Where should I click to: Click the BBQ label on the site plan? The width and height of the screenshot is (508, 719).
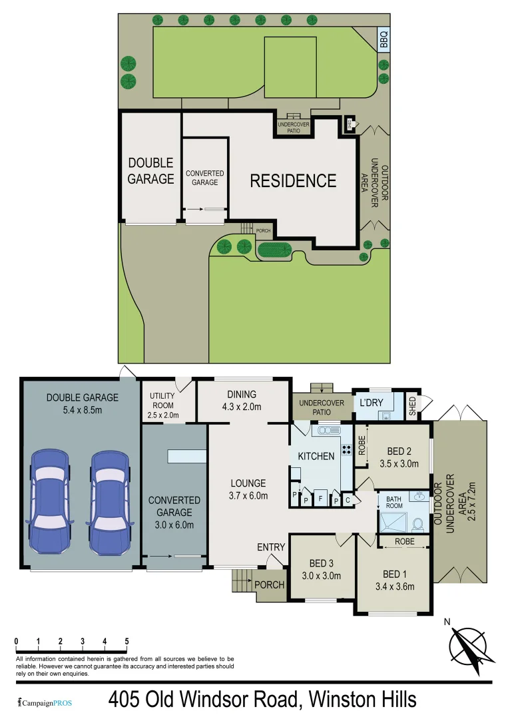click(383, 39)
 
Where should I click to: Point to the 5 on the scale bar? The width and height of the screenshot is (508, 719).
click(127, 641)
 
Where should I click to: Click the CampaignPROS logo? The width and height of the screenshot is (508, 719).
click(45, 702)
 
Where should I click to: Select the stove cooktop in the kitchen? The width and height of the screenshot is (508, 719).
click(347, 449)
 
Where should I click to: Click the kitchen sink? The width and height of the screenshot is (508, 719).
click(328, 431)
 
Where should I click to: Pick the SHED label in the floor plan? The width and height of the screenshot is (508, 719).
click(412, 406)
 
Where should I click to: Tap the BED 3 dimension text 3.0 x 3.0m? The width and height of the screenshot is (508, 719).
click(322, 576)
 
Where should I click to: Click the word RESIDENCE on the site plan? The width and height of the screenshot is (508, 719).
click(293, 180)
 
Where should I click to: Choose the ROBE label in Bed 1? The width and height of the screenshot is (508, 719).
click(404, 542)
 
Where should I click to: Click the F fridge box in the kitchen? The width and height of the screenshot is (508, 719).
click(320, 499)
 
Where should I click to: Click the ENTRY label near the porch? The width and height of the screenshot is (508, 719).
click(271, 547)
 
